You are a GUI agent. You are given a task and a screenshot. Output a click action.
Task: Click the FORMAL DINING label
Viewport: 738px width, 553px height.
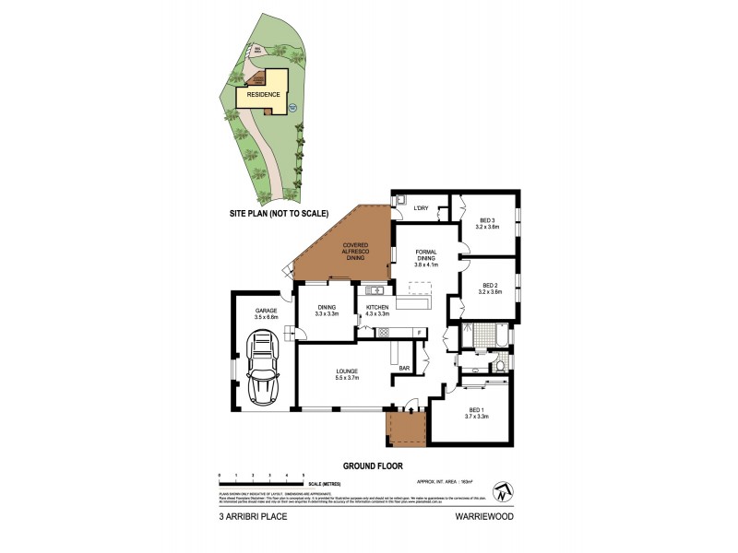tap(426, 258)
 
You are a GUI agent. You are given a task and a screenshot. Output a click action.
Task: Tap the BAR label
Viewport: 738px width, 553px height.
tap(404, 369)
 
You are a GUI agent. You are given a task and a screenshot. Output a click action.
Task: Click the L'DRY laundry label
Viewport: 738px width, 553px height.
tap(423, 207)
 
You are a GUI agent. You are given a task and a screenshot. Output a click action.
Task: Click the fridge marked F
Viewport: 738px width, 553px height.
tap(419, 332)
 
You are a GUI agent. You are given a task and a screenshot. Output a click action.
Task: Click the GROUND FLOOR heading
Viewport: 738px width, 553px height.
tap(373, 466)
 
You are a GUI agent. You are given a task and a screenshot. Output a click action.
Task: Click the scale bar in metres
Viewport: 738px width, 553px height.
tap(262, 479)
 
